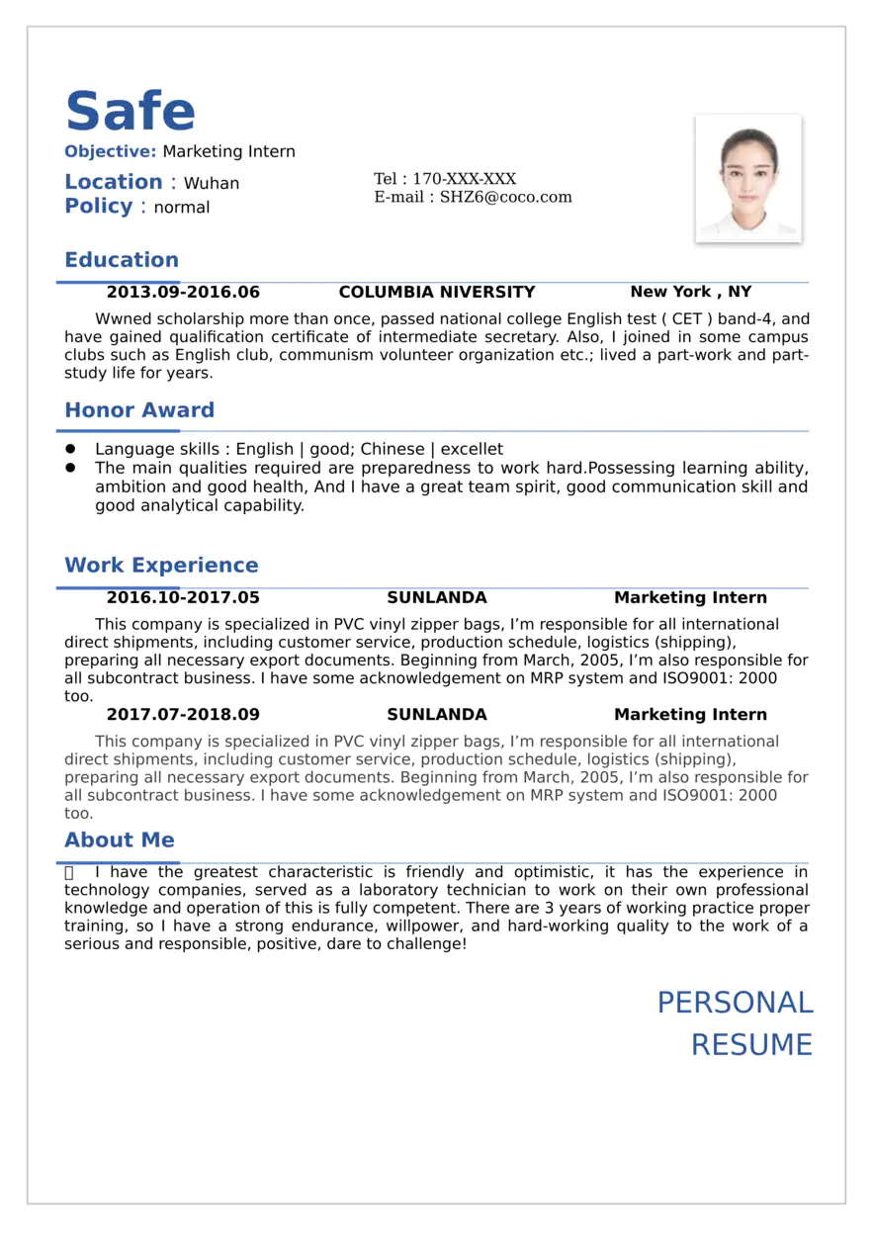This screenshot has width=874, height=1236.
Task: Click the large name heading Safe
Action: (x=131, y=111)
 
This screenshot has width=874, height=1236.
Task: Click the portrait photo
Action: (x=748, y=178)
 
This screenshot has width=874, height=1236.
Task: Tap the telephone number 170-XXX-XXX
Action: (x=464, y=179)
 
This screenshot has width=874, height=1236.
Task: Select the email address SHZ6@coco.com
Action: (x=505, y=197)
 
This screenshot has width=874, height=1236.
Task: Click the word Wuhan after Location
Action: (x=212, y=184)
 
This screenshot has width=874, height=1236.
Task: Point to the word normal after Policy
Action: (x=182, y=208)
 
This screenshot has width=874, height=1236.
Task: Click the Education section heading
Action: (x=122, y=260)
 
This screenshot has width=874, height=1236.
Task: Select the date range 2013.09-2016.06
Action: (x=183, y=293)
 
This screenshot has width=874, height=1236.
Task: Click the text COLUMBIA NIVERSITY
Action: (x=436, y=293)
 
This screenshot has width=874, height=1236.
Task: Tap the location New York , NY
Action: (x=690, y=292)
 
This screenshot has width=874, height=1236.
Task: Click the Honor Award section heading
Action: (x=139, y=410)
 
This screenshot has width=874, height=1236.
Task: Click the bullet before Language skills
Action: (x=70, y=449)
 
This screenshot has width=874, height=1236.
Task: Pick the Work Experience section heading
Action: (x=161, y=566)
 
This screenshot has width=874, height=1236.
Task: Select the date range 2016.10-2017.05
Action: (x=183, y=598)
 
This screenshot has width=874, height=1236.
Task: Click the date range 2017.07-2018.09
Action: (x=183, y=715)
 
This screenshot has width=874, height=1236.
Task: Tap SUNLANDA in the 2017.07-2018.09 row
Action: (x=436, y=715)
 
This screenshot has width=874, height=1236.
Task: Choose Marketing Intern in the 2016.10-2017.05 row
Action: (x=690, y=598)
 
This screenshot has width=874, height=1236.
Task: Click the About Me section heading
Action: (x=120, y=840)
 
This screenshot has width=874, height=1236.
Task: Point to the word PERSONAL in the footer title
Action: (x=735, y=1003)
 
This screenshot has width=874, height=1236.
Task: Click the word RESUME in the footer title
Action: (x=751, y=1045)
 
